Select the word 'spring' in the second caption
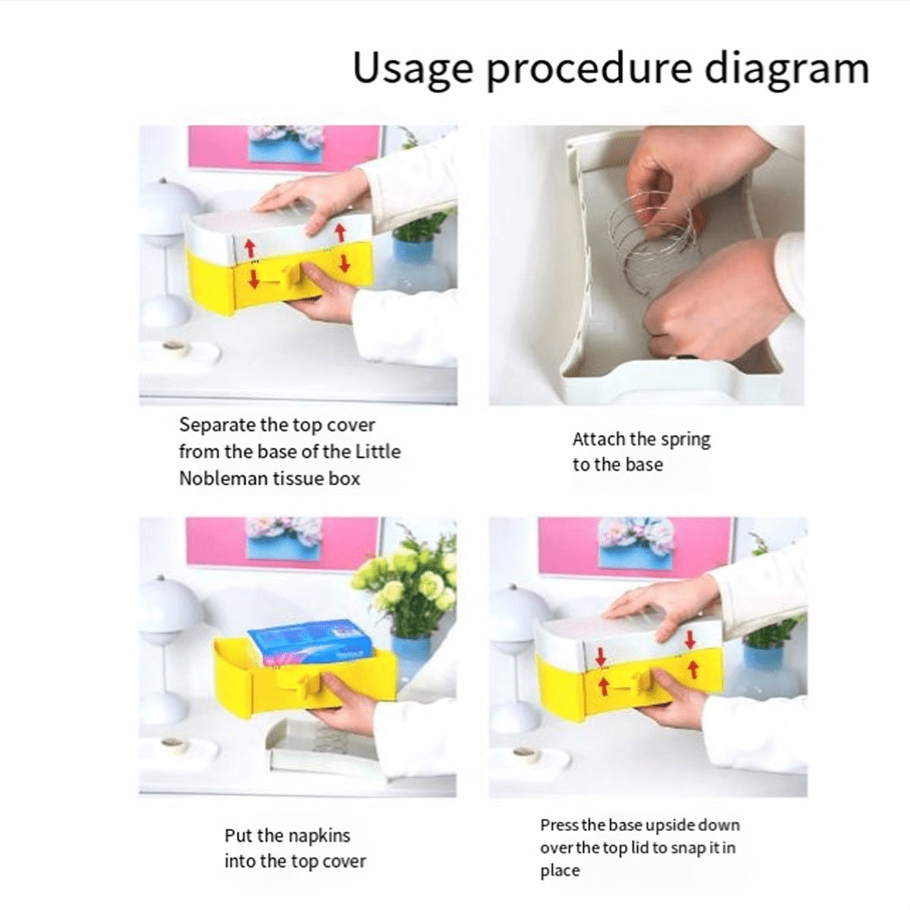[685, 440]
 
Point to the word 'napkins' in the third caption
[318, 836]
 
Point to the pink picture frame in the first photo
[284, 148]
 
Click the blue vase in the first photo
[413, 262]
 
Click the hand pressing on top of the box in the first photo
[311, 197]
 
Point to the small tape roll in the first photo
[175, 347]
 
